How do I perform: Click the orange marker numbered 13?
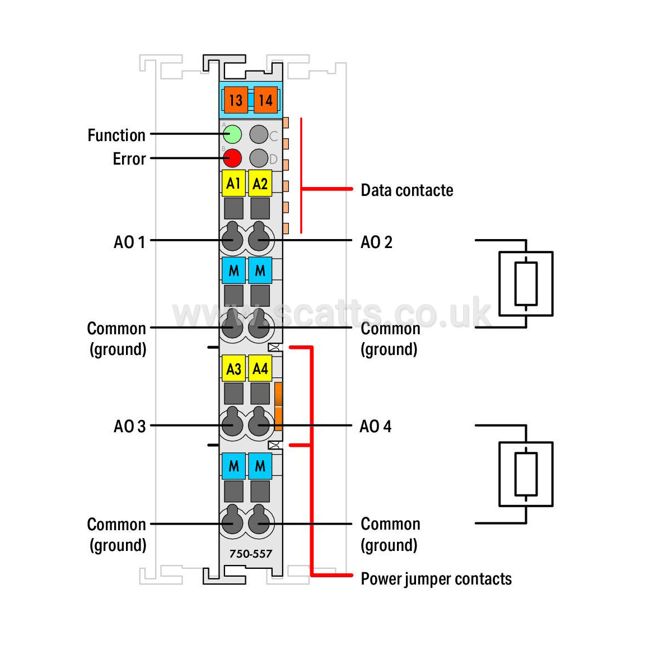click(x=236, y=100)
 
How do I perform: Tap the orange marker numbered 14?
click(x=266, y=100)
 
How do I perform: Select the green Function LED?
click(x=232, y=134)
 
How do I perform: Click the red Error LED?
click(x=232, y=158)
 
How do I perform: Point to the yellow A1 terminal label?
click(x=233, y=183)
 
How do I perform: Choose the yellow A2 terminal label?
click(x=260, y=183)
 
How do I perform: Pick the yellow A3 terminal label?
click(x=233, y=368)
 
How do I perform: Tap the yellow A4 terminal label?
click(x=260, y=368)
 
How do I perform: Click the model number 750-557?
click(x=250, y=554)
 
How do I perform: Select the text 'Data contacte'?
click(x=407, y=190)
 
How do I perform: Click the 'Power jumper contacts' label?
click(x=436, y=579)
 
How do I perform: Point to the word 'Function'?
click(x=116, y=135)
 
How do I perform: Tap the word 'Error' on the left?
click(x=129, y=159)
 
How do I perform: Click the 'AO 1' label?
click(x=129, y=242)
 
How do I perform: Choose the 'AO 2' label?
click(x=376, y=242)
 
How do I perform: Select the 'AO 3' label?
click(x=129, y=427)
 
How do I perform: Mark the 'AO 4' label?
click(x=376, y=427)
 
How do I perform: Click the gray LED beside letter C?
click(x=259, y=134)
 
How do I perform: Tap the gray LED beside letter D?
click(x=259, y=158)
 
